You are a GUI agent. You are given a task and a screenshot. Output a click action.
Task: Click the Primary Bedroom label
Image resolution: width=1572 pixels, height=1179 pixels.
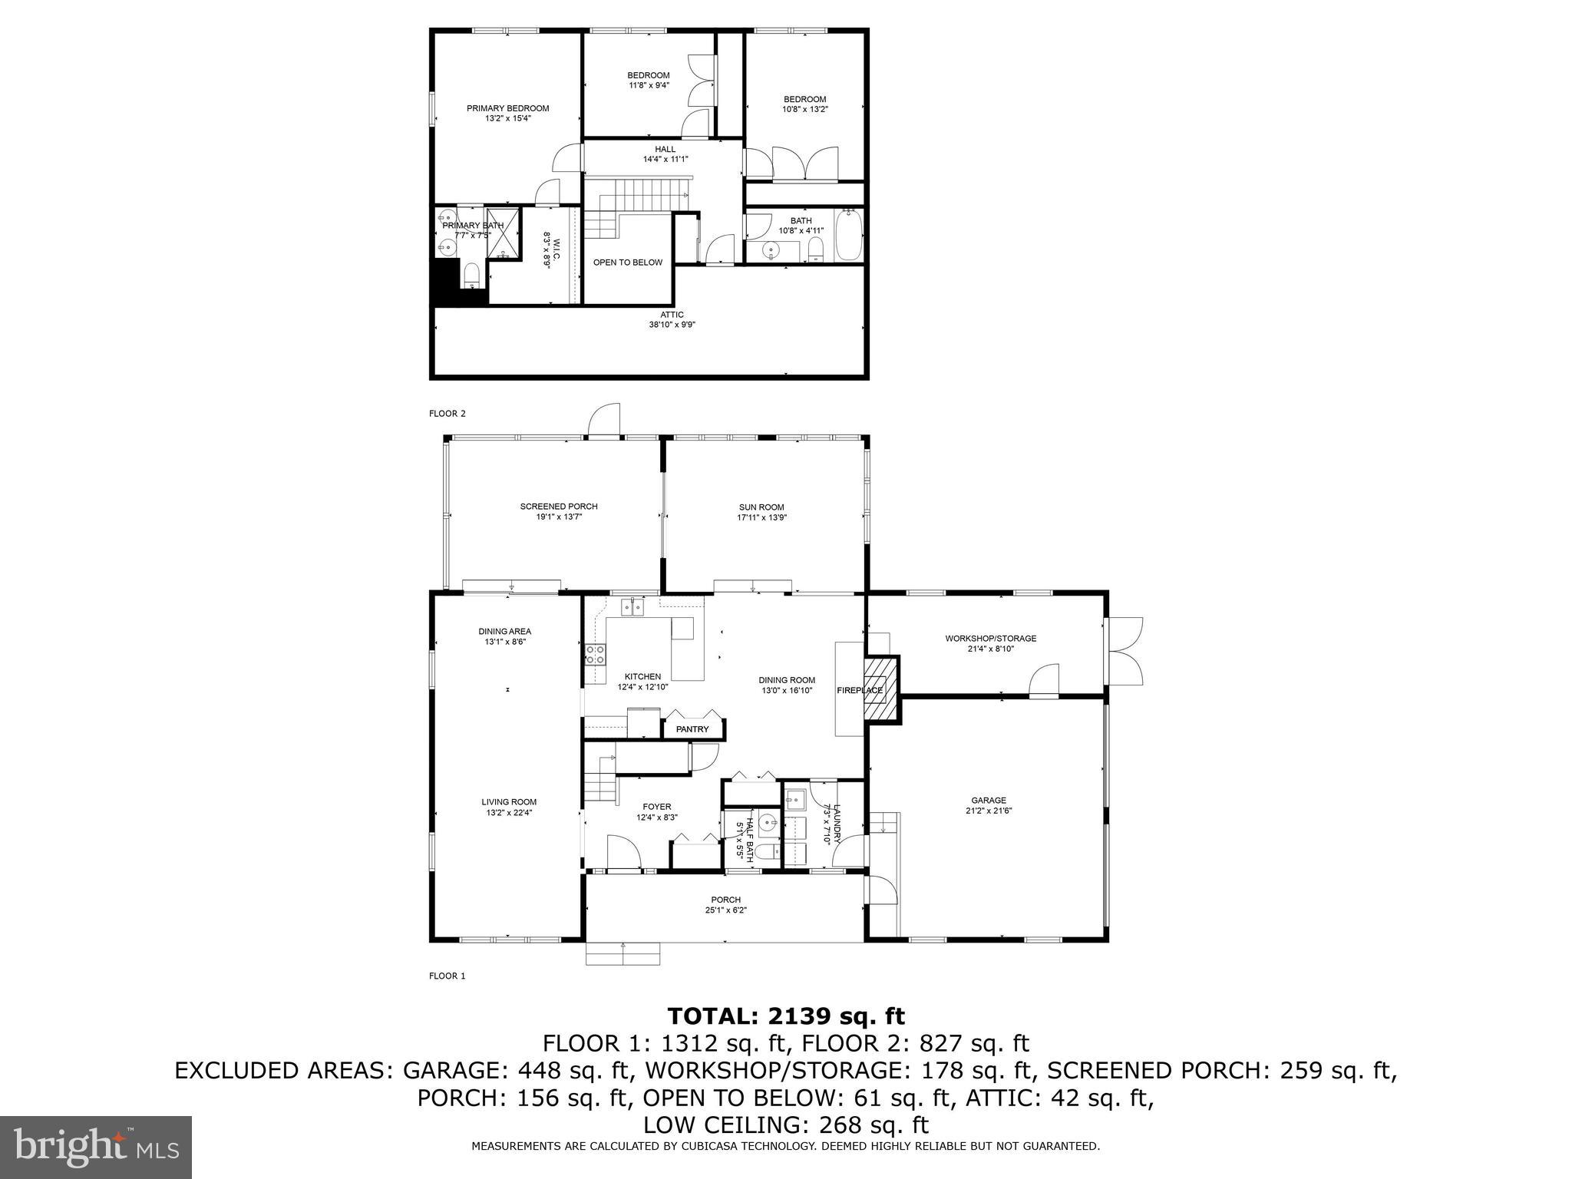[507, 108]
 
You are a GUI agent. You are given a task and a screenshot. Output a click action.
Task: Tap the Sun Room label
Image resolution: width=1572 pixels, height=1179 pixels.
[761, 507]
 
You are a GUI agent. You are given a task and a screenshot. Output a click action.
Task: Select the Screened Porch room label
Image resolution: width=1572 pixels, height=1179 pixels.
[558, 507]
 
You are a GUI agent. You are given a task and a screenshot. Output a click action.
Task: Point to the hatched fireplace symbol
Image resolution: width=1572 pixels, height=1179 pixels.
[881, 688]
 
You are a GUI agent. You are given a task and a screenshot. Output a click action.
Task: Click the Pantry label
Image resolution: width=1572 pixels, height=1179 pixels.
[692, 729]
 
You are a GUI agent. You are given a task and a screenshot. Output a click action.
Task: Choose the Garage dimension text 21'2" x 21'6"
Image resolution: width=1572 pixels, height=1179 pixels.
[989, 810]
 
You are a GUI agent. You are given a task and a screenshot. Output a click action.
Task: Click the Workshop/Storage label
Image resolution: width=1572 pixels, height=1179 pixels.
[990, 638]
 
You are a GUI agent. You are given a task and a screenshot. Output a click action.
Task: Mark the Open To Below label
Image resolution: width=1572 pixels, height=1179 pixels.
[627, 263]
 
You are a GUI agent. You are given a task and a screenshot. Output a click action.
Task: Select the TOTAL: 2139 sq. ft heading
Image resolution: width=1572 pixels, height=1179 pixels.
[786, 1016]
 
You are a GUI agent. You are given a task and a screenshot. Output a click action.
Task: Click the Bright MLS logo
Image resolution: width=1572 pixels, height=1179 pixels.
[96, 1147]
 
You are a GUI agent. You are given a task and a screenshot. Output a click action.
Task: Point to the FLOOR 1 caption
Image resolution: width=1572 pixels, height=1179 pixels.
[447, 976]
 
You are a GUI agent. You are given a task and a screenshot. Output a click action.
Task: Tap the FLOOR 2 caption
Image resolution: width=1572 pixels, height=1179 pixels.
[447, 414]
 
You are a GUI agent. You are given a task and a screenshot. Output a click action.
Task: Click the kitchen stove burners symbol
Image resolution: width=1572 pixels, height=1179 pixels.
[595, 655]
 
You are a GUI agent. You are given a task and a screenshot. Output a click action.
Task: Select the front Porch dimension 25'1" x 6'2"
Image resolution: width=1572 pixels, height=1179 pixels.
[725, 910]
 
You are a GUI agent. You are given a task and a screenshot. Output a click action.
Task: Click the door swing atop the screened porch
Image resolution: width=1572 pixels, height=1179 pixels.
[604, 421]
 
